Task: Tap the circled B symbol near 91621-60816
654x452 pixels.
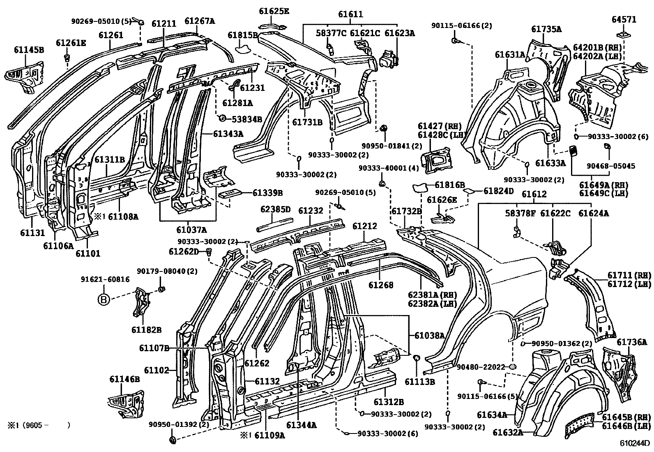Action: click(104, 300)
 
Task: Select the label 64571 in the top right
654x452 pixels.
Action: click(624, 19)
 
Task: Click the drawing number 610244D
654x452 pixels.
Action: click(635, 444)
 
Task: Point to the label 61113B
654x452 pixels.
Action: click(419, 382)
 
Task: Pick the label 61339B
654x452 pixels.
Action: click(267, 192)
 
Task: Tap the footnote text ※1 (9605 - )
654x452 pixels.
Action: click(38, 425)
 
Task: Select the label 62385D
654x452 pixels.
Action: click(275, 210)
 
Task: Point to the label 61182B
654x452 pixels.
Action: click(147, 329)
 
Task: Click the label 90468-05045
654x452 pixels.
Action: click(610, 166)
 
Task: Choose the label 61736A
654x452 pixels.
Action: click(631, 342)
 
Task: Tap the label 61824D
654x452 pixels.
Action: click(499, 191)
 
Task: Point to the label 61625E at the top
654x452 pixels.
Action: click(274, 11)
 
